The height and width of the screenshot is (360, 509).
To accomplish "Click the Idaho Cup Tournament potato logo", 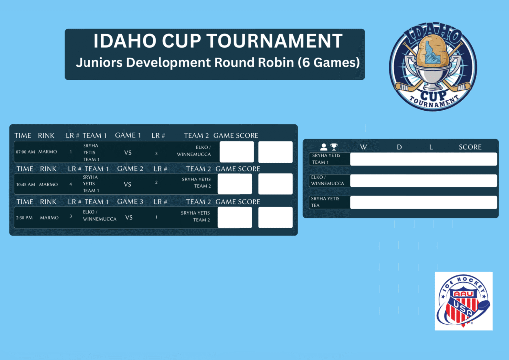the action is (x=433, y=67).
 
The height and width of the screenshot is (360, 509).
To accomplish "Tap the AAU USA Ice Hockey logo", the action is (x=464, y=301).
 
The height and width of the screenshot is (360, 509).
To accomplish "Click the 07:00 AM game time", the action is (x=25, y=152).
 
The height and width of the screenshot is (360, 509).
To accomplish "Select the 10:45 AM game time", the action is (x=26, y=184).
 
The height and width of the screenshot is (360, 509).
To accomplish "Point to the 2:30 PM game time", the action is (x=24, y=218).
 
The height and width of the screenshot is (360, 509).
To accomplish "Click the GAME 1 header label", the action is (x=128, y=135).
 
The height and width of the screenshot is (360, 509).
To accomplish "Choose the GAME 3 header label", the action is (x=130, y=201).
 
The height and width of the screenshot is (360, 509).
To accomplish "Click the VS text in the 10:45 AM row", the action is (x=127, y=184).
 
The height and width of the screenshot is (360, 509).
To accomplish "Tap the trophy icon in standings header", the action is (x=334, y=147).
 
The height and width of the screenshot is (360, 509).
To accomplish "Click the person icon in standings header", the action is (x=323, y=147).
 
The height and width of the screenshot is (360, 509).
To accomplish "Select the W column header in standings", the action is (x=363, y=147).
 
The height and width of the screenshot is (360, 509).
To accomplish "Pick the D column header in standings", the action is (x=399, y=147).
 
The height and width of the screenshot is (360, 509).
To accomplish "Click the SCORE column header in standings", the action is (x=470, y=147).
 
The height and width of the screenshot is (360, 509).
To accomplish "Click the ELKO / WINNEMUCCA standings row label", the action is (x=327, y=180).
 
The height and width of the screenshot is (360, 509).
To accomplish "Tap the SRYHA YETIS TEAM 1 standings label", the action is (x=326, y=159).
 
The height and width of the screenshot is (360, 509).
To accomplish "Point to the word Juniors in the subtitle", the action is (x=99, y=62).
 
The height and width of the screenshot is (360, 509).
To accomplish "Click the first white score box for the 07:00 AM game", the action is (x=237, y=152).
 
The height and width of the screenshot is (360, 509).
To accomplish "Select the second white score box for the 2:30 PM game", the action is (x=275, y=217).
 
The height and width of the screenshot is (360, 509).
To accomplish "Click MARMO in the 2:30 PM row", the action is (x=49, y=218).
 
